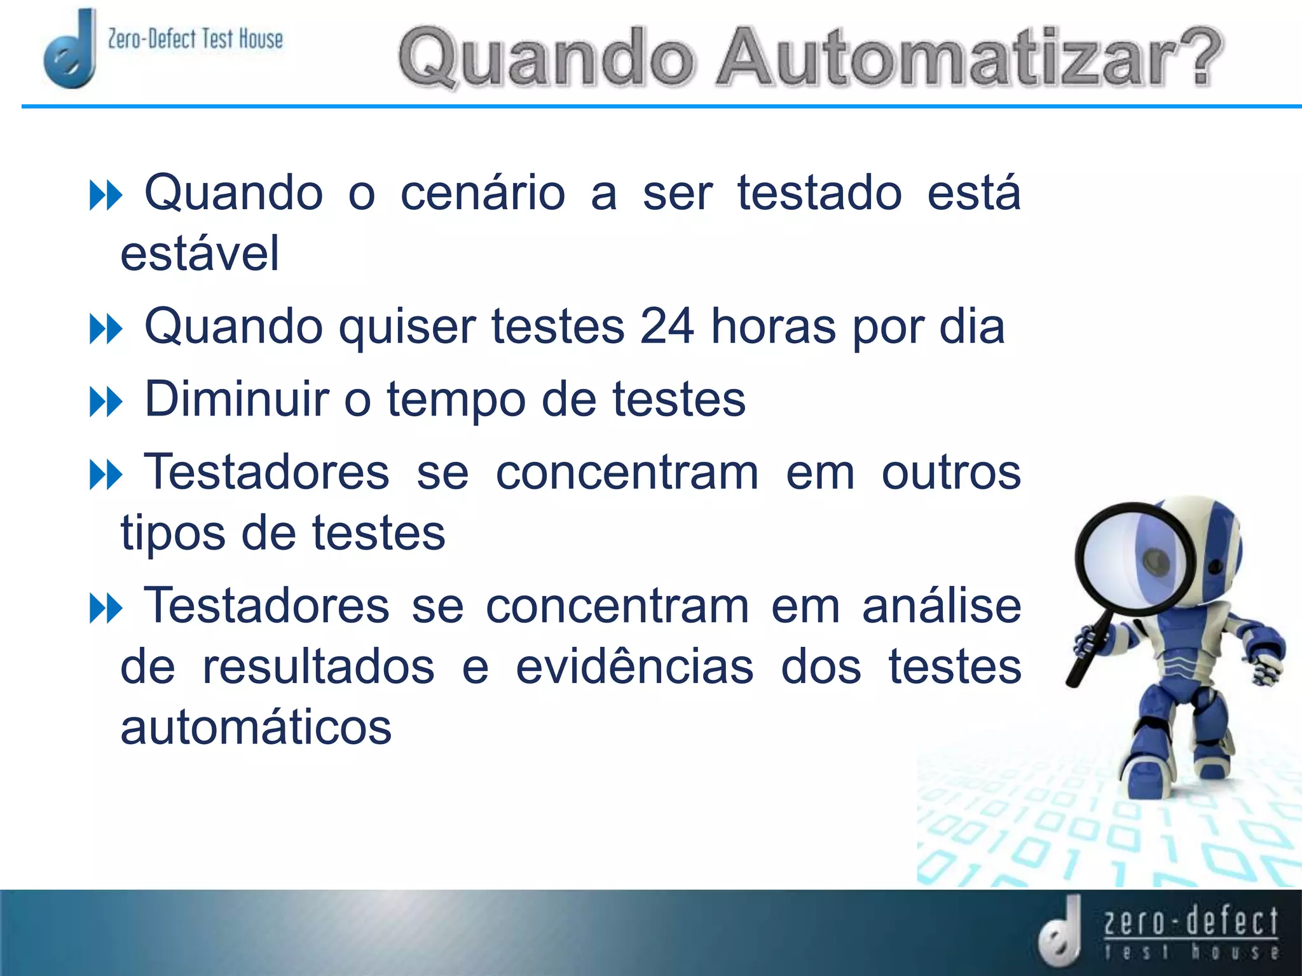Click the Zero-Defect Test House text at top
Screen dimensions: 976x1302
pos(195,39)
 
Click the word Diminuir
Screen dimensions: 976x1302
pos(237,399)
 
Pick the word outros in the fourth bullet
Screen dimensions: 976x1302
pos(951,473)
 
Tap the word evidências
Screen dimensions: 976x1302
pos(634,667)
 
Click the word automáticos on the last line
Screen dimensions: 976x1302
pos(256,728)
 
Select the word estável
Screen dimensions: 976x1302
pos(200,254)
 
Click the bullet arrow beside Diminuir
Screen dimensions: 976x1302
pos(106,403)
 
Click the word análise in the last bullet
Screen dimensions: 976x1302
pos(942,606)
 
